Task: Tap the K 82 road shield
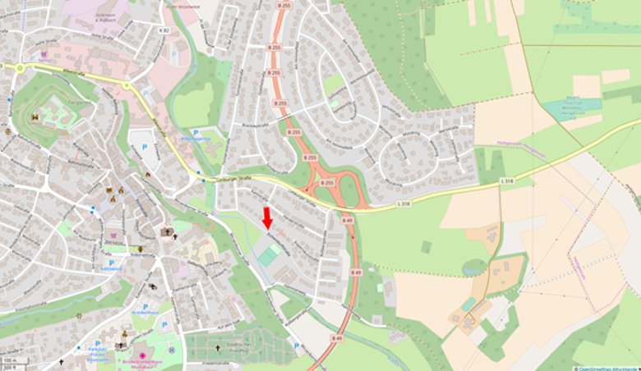[x=164, y=30]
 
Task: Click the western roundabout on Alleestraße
[x=19, y=68]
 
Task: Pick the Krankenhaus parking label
[x=145, y=313]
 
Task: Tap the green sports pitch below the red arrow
[x=268, y=256]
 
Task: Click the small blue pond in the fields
[x=473, y=267]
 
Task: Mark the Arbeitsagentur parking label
[x=198, y=139]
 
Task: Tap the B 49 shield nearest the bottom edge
[x=336, y=338]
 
